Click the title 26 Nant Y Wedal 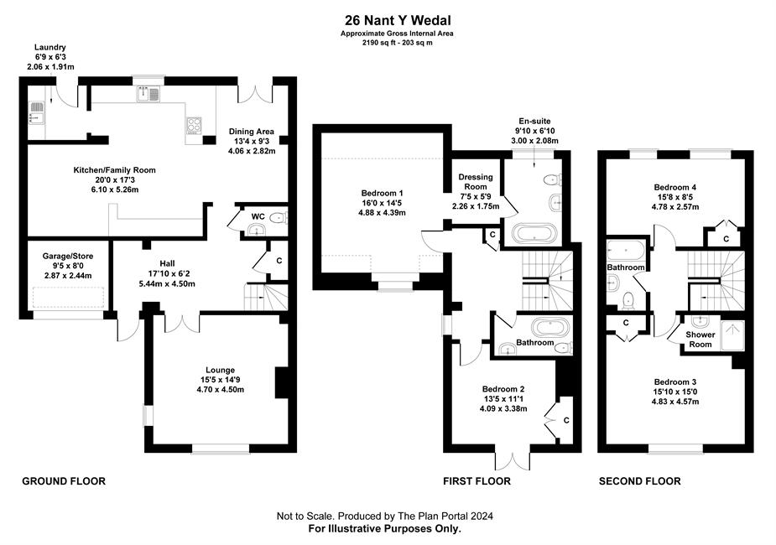[x=398, y=20]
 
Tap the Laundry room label [x=50, y=48]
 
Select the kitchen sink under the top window [x=148, y=93]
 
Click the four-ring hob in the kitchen [x=194, y=125]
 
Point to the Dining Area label [x=252, y=132]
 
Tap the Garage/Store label [x=68, y=257]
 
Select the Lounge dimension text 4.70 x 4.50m [x=221, y=390]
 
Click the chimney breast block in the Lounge [x=282, y=382]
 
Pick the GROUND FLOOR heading [x=64, y=480]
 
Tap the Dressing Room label [x=476, y=181]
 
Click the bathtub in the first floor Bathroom [x=550, y=326]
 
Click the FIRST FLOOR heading [x=477, y=480]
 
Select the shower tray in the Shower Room [x=732, y=335]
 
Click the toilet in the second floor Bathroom [x=628, y=299]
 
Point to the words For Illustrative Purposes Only [x=384, y=529]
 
